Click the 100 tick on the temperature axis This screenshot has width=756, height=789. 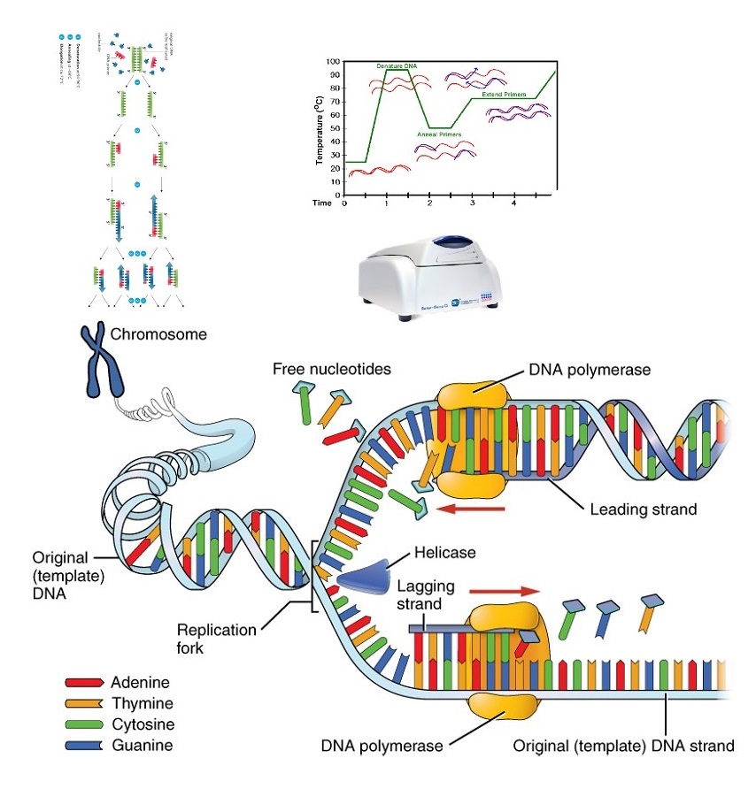[333, 62]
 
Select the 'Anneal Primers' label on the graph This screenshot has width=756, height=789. [439, 134]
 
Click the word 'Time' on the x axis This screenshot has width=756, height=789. [322, 203]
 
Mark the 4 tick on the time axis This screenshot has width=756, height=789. [514, 203]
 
